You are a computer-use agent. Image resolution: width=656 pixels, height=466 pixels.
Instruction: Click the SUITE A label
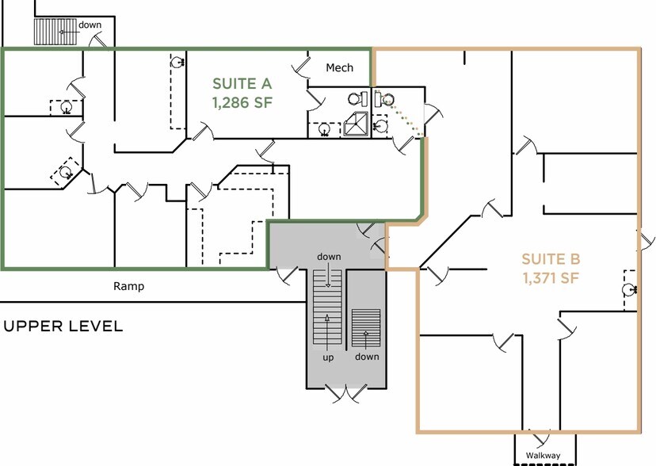point(242,84)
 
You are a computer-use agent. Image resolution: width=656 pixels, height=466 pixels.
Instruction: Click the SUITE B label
point(551,259)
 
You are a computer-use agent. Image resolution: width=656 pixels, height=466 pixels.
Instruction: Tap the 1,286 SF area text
point(242,102)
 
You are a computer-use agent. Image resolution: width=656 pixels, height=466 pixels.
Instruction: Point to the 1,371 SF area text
point(551,277)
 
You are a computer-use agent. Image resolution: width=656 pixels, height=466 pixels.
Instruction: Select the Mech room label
point(339,68)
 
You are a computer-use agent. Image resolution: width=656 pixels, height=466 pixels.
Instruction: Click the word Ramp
point(129,287)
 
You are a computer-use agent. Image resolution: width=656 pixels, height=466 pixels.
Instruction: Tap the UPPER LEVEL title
point(63,327)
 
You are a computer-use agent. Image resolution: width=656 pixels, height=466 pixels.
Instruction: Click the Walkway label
point(543,456)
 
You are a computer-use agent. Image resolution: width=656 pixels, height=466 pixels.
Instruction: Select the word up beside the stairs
point(328,357)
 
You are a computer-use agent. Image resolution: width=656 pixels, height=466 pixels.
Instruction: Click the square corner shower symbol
point(356,124)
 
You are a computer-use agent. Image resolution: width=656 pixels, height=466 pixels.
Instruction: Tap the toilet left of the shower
point(357,99)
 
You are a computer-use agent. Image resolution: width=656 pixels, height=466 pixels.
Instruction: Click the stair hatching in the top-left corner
point(55,32)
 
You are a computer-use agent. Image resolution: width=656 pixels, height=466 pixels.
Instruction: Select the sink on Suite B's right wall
point(629,289)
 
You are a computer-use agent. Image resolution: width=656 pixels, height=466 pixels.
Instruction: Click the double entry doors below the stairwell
point(346,393)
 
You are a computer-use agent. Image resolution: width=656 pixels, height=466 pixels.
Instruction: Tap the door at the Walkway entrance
point(540,437)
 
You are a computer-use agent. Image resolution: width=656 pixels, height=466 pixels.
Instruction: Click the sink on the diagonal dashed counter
point(66,172)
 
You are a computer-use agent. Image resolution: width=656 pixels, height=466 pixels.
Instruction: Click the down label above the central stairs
point(329,257)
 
